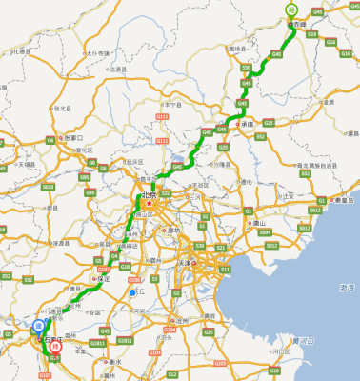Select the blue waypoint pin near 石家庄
pos(36,325)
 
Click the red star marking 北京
pos(149,201)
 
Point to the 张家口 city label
pos(76,138)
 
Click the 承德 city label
pos(250,124)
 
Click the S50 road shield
pos(246,68)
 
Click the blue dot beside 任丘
pos(132,293)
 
